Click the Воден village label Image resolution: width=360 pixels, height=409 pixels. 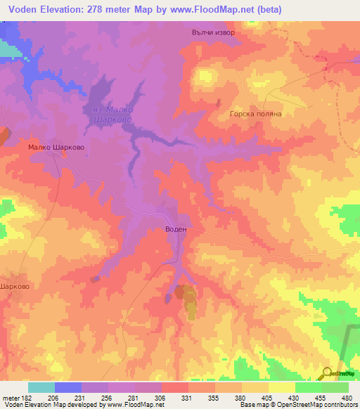[176, 229]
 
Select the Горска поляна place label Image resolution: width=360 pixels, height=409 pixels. [256, 114]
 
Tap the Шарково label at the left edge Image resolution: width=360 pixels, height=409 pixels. [14, 287]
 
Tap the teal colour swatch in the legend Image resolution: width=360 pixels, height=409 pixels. [41, 387]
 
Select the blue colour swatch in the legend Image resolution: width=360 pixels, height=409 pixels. [68, 387]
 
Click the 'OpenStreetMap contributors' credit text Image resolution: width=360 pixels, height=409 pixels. [317, 405]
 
